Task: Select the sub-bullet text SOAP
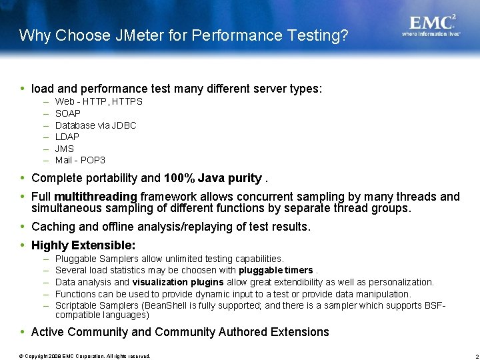point(67,113)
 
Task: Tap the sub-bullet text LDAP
point(67,137)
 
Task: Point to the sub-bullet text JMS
point(64,149)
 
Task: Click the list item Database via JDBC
point(95,125)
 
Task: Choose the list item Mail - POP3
point(80,160)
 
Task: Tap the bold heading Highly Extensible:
point(83,245)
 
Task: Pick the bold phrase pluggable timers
point(275,270)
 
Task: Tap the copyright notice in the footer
point(85,356)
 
